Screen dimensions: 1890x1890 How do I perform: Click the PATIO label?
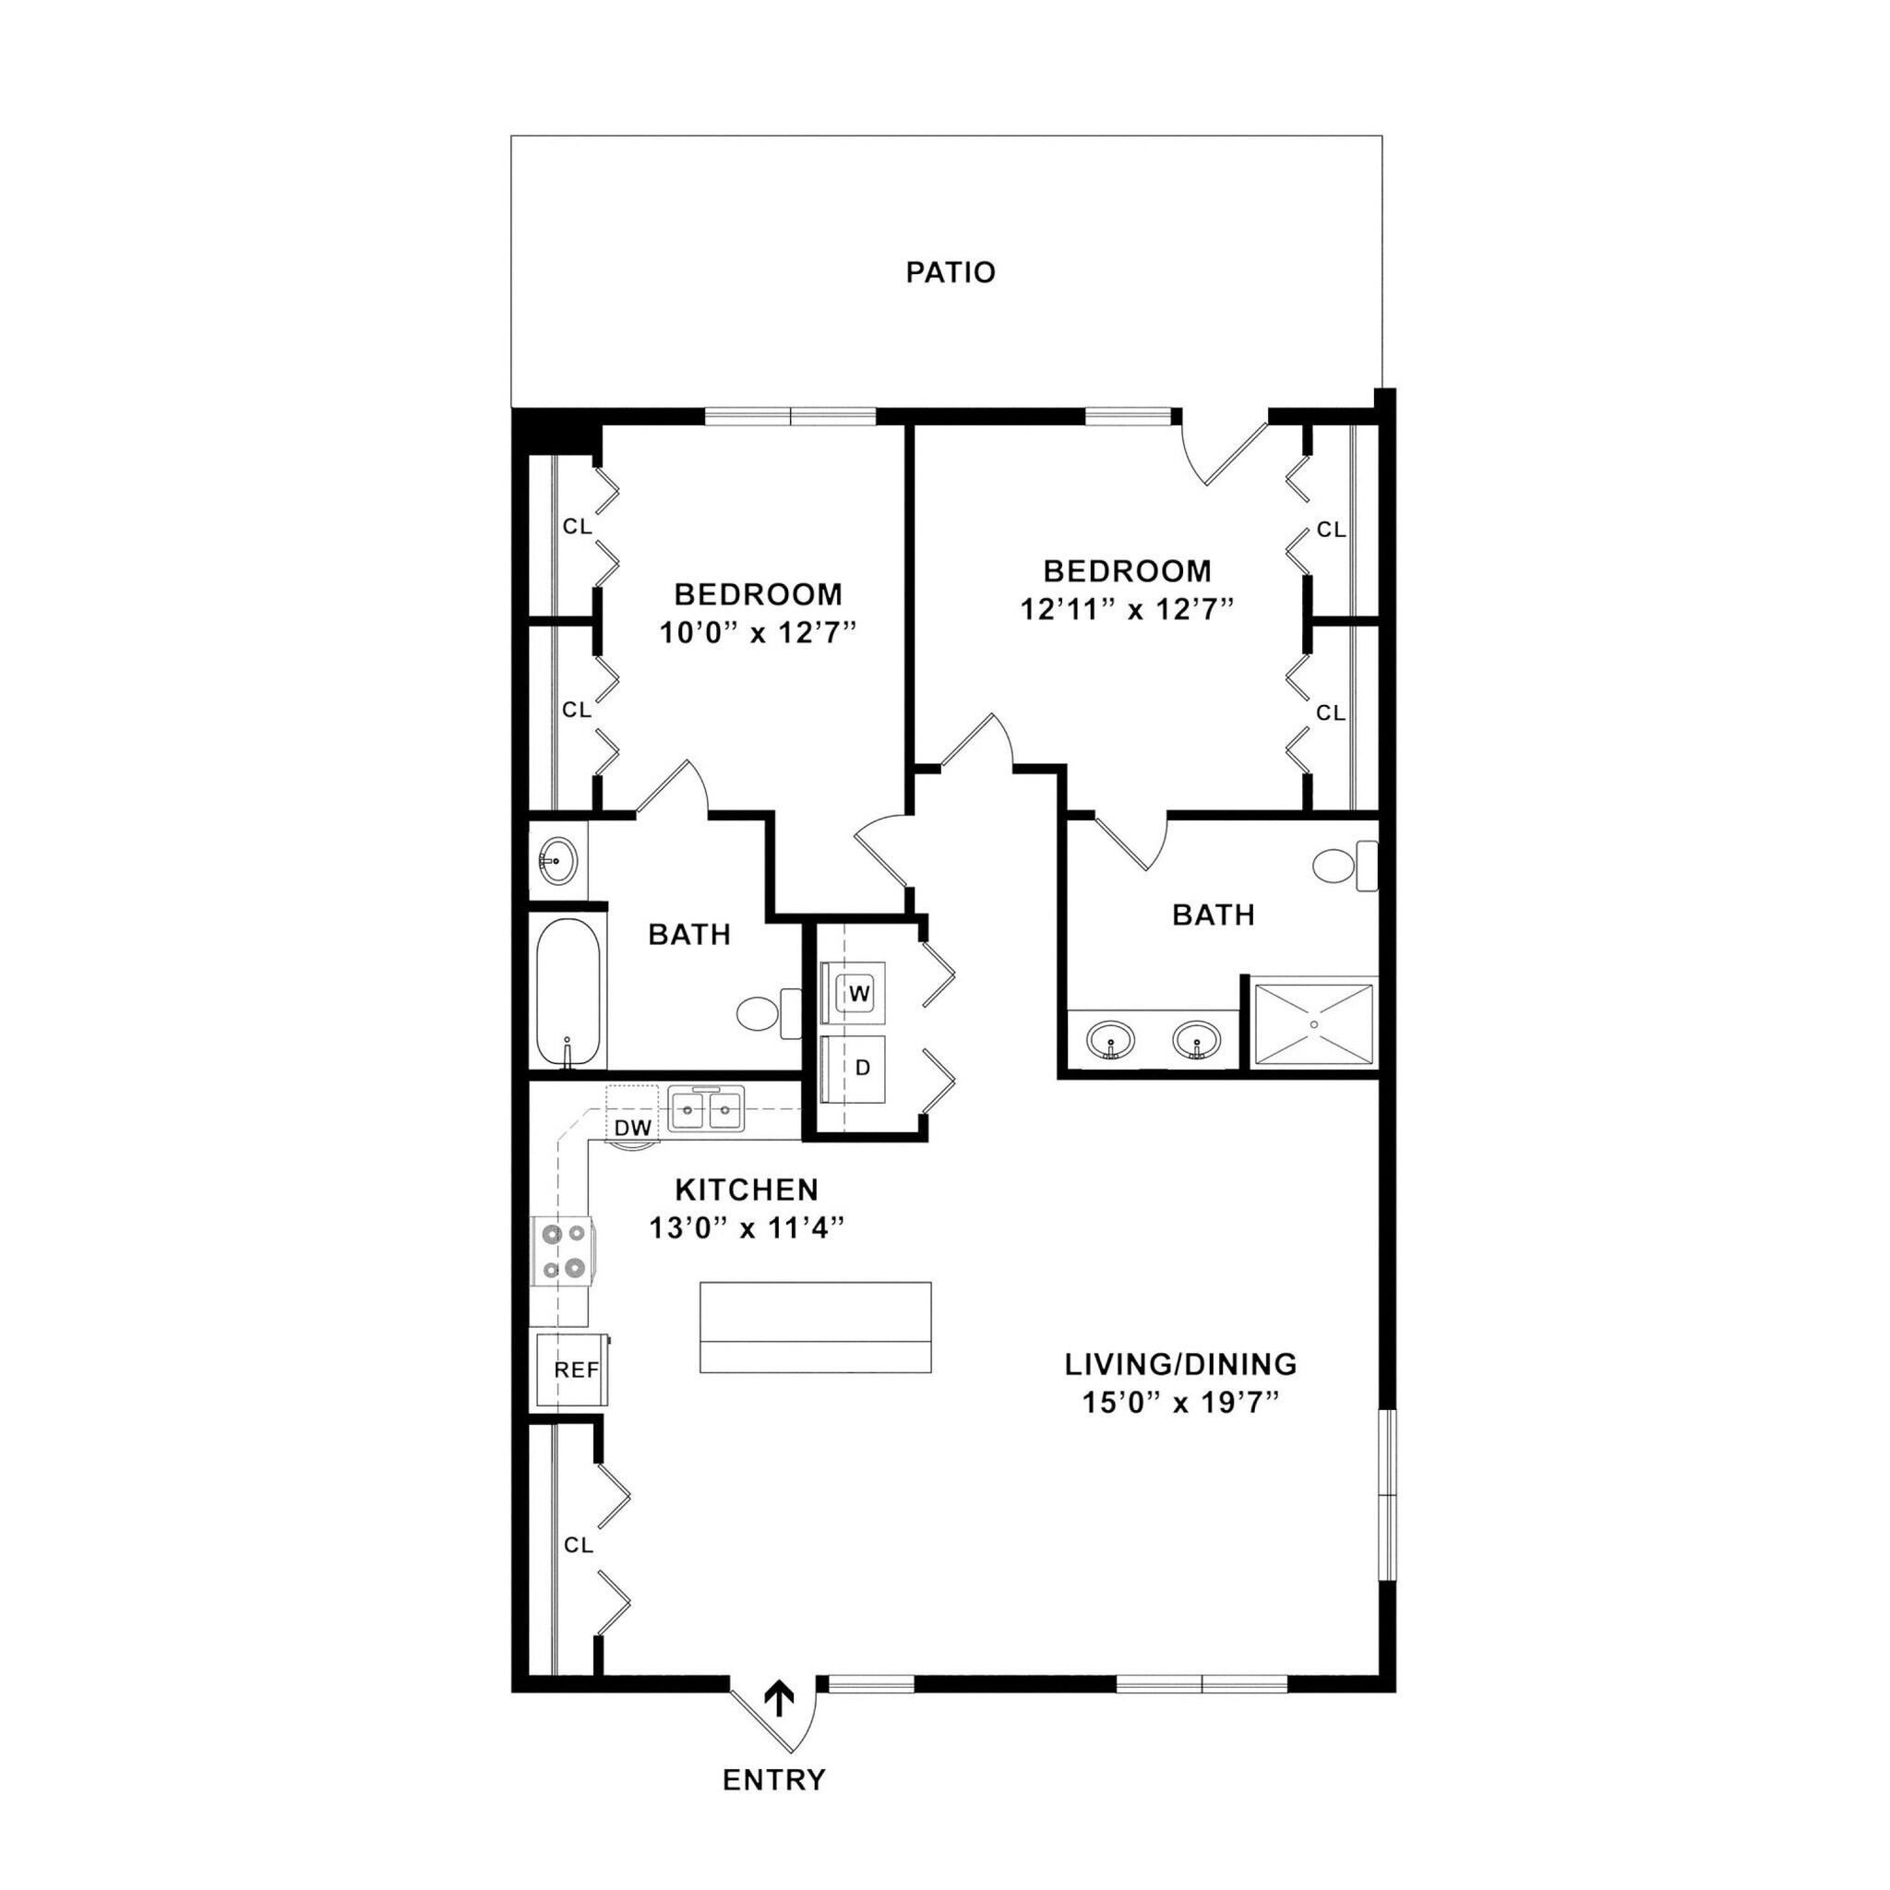[950, 272]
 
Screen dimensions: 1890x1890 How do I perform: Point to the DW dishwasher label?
[633, 1127]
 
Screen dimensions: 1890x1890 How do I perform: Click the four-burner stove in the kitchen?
[561, 1251]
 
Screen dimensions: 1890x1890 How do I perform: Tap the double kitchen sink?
[706, 1109]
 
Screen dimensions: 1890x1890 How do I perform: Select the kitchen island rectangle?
[815, 1326]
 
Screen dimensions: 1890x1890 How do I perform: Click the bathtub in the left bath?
[568, 992]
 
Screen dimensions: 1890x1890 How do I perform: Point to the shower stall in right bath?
[1313, 1023]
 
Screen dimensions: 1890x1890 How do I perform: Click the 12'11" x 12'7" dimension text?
[1126, 609]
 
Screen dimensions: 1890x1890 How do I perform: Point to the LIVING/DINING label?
[1179, 1363]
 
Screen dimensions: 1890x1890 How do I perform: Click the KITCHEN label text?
[747, 1190]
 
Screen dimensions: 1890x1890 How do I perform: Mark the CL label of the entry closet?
[578, 1545]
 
